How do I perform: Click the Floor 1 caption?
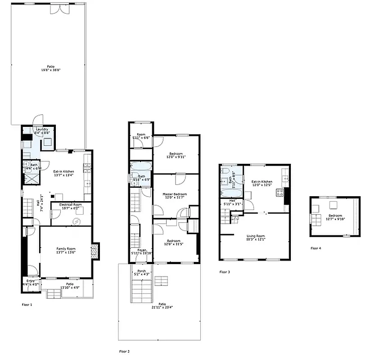[27, 305]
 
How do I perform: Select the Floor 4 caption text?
[316, 248]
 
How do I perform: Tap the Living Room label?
[255, 238]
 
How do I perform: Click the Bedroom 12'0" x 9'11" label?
[176, 154]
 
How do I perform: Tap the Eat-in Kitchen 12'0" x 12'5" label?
[262, 183]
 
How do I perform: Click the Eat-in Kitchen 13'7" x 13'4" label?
[63, 173]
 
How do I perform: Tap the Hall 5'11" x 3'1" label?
[232, 202]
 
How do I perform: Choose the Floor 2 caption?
[124, 351]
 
